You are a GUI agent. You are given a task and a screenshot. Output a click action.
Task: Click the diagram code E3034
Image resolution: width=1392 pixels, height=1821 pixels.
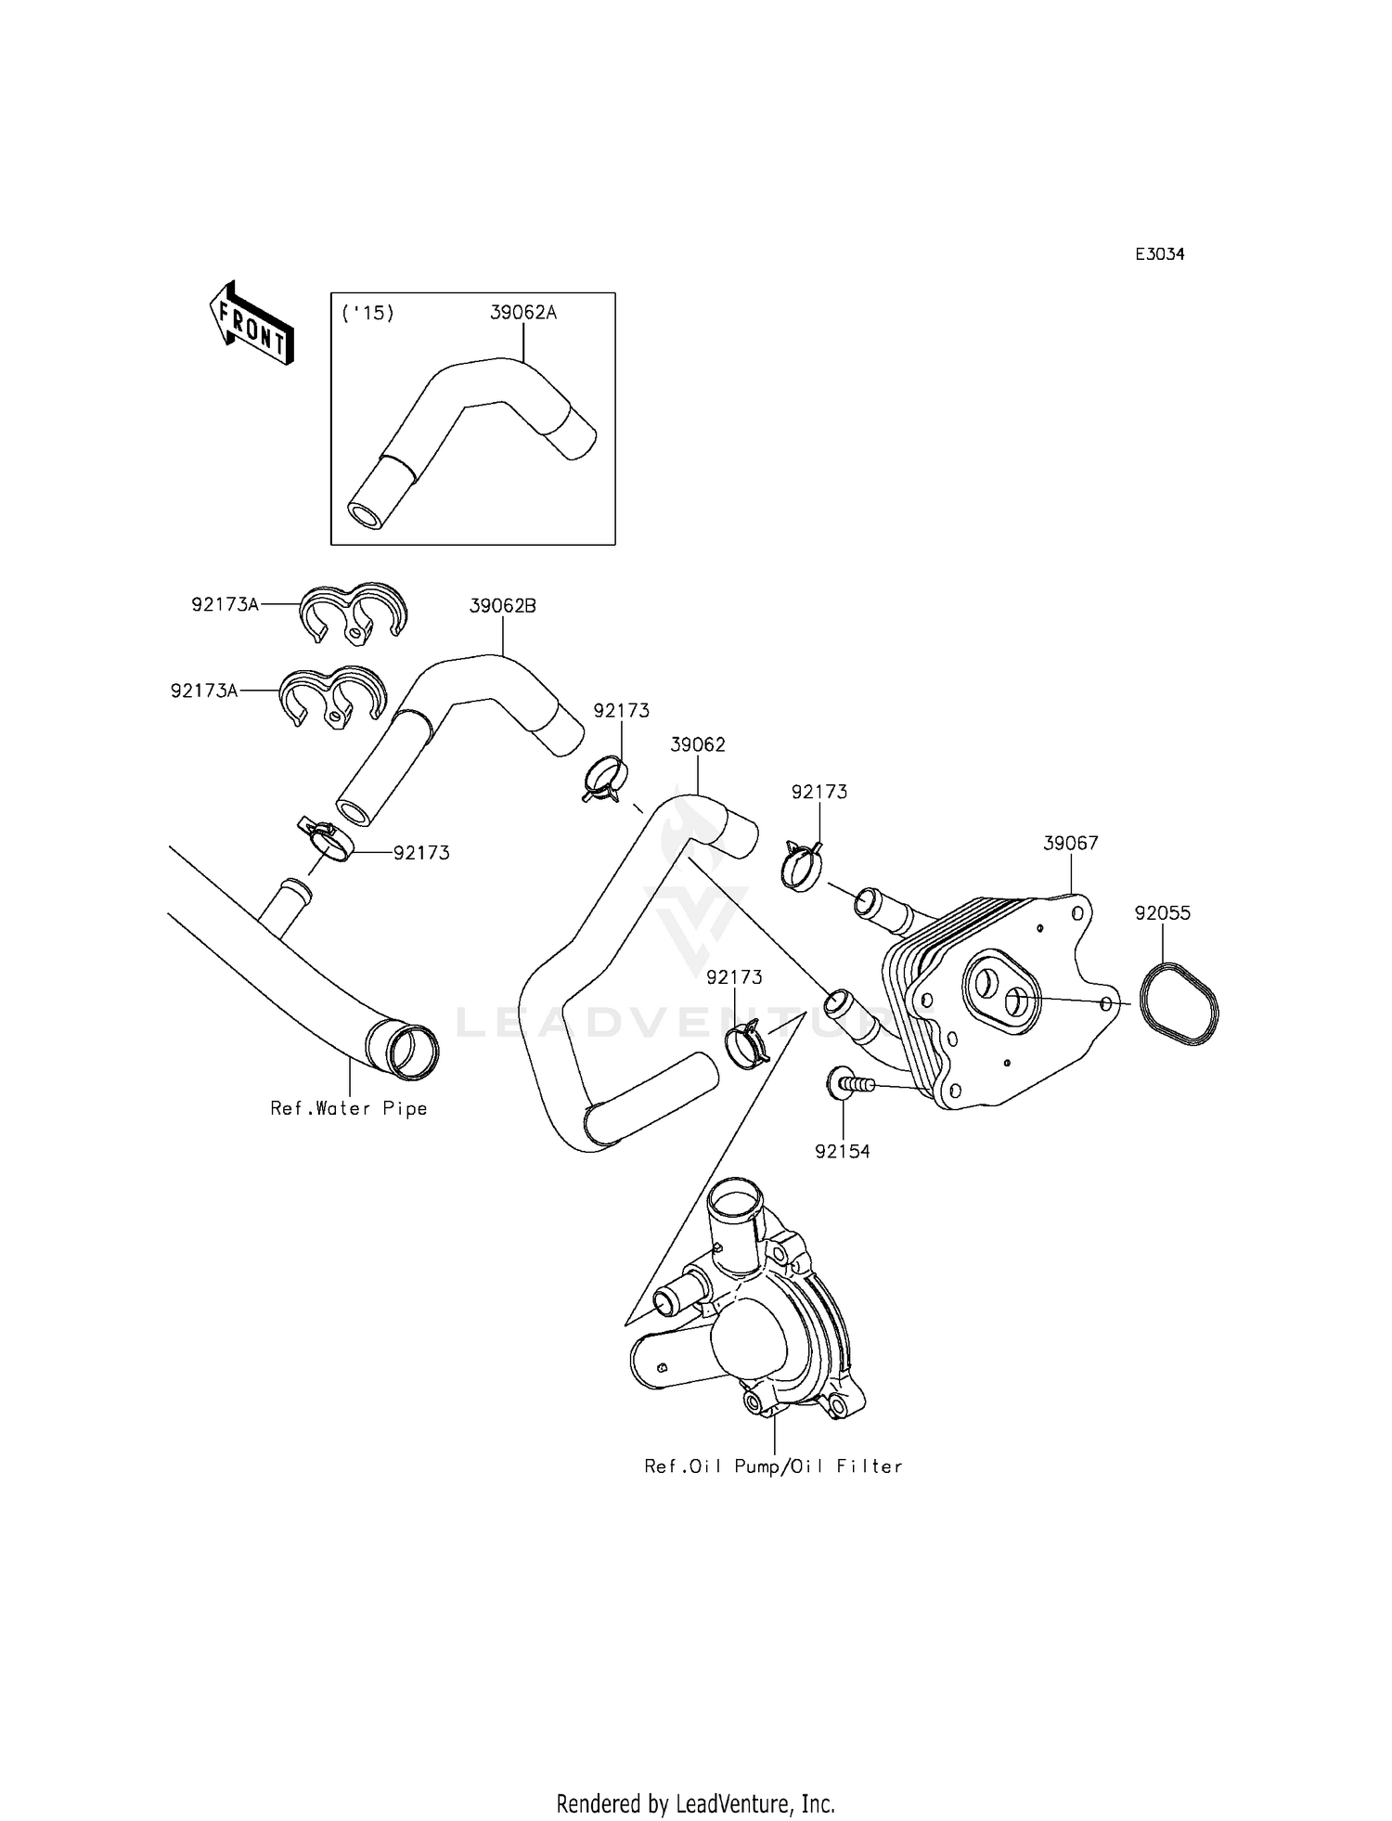[1160, 254]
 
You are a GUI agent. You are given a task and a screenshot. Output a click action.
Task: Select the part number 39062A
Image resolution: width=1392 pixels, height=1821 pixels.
[523, 313]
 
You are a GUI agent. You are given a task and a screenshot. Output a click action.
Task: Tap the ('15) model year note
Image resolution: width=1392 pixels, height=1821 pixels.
[368, 313]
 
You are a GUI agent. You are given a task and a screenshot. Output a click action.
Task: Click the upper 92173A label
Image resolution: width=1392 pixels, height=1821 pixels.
[226, 604]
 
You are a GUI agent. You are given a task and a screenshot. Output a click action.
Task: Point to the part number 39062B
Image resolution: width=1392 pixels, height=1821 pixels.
[503, 606]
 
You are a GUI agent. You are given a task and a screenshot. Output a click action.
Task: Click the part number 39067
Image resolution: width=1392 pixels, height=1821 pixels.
[1071, 843]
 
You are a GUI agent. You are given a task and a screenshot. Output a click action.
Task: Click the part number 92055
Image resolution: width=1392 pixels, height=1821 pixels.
[1162, 913]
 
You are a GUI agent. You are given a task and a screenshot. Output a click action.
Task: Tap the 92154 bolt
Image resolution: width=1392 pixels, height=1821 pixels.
[846, 1082]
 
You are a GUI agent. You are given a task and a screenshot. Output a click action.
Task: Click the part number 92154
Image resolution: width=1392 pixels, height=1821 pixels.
[843, 1152]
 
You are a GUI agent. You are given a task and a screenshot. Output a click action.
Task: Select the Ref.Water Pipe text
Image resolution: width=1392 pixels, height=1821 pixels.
[349, 1108]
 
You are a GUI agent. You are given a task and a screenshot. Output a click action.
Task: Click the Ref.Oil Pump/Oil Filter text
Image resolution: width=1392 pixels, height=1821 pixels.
[774, 1466]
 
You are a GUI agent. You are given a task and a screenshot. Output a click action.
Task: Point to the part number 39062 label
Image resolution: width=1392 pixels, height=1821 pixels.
[698, 745]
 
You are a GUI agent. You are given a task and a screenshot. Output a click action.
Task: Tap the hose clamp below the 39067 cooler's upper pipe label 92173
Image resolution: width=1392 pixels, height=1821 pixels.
[801, 865]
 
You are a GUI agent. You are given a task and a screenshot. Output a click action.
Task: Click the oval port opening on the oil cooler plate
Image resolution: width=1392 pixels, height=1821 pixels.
[1000, 990]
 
